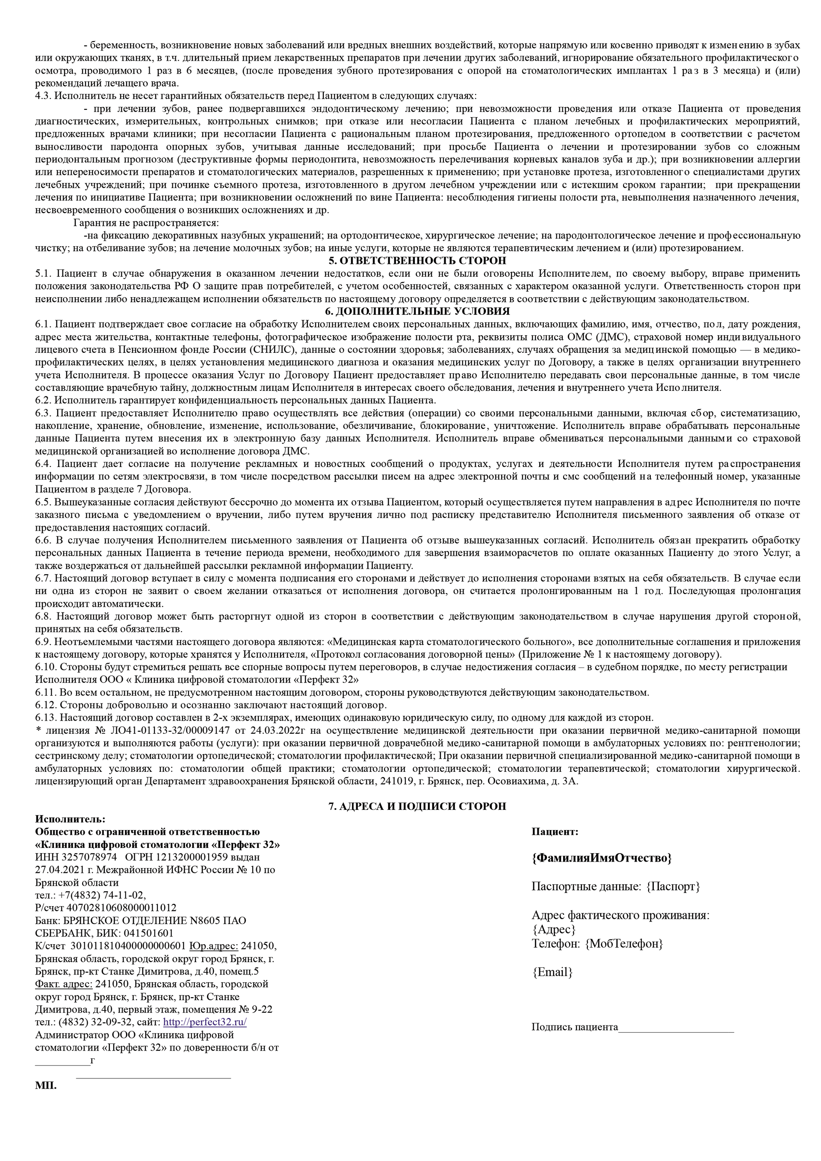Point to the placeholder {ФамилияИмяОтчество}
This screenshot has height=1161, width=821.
pos(602,858)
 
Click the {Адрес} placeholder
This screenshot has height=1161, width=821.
pos(554,929)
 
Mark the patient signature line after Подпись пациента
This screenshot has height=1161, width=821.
pos(676,1028)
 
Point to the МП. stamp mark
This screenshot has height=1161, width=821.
pos(46,1086)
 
